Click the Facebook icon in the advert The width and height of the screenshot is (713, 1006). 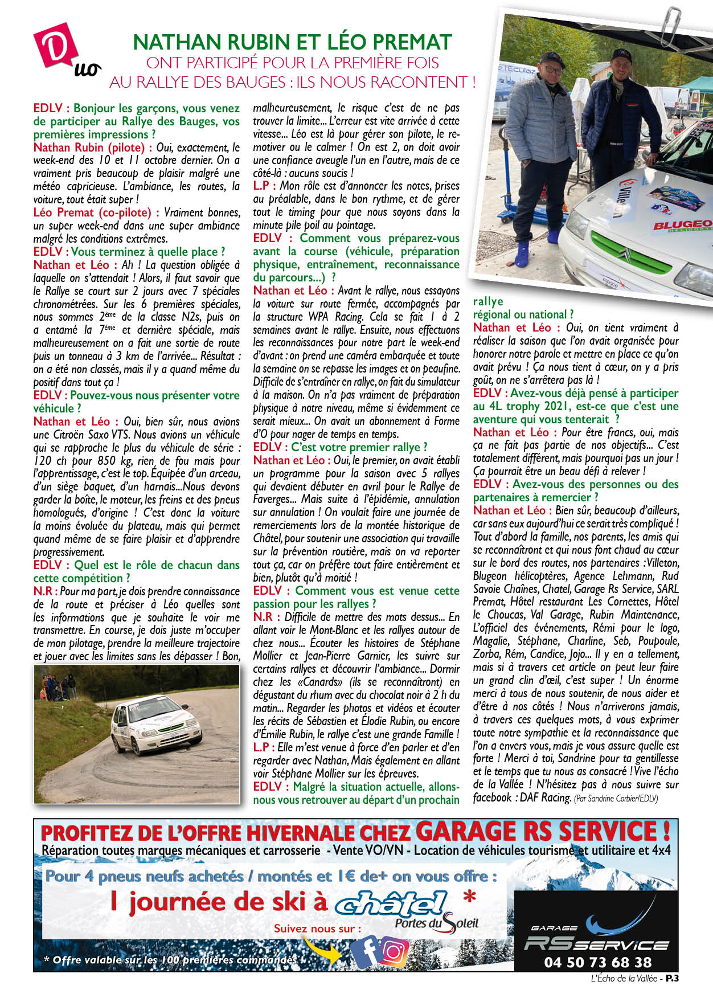click(x=365, y=951)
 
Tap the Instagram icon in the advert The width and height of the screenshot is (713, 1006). click(x=394, y=951)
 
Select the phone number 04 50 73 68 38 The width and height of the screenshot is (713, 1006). click(x=597, y=962)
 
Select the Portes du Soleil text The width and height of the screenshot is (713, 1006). click(x=437, y=923)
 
